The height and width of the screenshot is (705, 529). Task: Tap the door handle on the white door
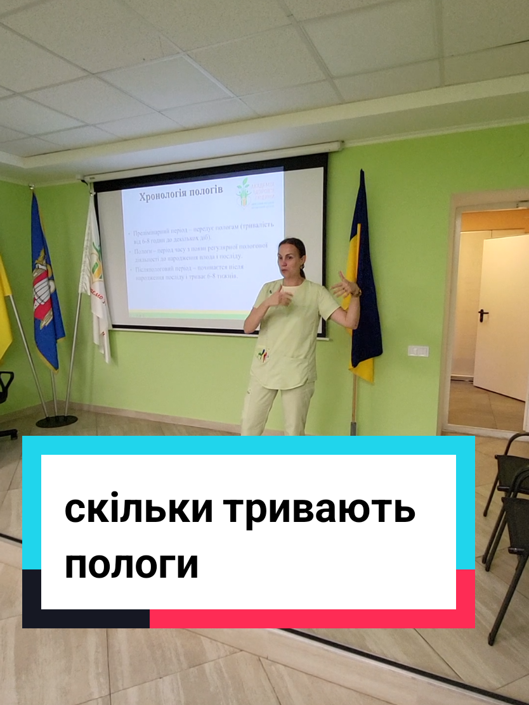coord(483,315)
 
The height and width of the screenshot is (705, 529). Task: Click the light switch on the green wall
coord(417,350)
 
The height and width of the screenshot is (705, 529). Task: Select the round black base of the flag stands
coord(56,421)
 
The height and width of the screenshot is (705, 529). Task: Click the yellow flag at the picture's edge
coord(4,304)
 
